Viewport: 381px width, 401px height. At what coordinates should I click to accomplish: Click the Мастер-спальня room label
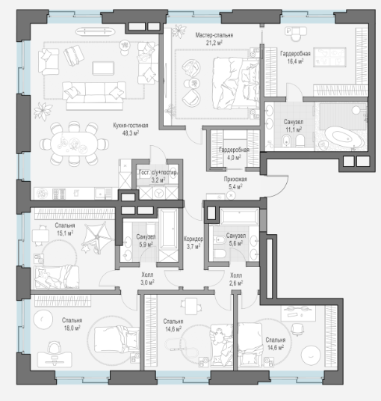(214, 35)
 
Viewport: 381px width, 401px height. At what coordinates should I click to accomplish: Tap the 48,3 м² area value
(130, 133)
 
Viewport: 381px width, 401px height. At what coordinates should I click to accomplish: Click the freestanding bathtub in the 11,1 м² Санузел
(343, 136)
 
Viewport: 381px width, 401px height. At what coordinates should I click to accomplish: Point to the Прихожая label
(235, 180)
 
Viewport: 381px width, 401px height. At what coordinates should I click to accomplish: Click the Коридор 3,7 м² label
(193, 242)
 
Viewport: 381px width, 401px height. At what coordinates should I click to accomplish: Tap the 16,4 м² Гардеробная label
(295, 57)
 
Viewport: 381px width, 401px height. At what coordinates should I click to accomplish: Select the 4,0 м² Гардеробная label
(234, 153)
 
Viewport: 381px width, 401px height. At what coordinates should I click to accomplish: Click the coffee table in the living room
(103, 68)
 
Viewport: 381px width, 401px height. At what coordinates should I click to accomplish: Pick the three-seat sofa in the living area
(94, 96)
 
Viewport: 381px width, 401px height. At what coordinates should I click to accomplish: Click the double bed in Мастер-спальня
(235, 84)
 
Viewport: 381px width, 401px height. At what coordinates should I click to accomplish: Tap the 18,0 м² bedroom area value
(72, 328)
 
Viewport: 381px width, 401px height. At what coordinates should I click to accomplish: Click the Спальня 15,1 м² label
(65, 229)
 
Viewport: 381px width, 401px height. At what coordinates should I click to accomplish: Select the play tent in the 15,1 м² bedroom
(98, 237)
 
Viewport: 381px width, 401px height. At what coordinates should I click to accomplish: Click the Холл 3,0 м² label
(147, 279)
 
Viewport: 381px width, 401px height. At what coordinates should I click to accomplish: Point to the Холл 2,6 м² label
(236, 279)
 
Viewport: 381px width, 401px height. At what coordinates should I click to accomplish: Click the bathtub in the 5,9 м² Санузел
(168, 229)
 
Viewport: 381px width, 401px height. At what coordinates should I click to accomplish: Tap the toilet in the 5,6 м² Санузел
(220, 254)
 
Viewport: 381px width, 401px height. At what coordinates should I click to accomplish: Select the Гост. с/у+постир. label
(158, 173)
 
